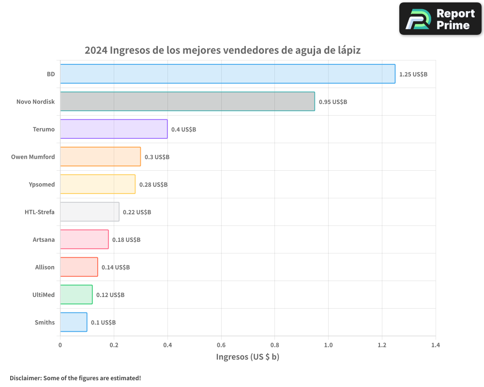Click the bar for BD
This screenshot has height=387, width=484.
coord(227,74)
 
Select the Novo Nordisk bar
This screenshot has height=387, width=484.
coord(187,102)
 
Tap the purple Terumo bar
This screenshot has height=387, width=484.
coord(114,129)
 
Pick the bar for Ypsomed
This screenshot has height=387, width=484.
coord(98,184)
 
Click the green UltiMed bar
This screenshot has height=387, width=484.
coord(76,295)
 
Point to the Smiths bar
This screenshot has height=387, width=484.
coord(74,322)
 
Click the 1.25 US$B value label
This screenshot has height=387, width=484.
coord(413,74)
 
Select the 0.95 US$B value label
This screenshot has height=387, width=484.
coord(333,102)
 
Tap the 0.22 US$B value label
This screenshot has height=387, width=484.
coord(137,212)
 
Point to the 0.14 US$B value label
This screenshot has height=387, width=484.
coord(116,268)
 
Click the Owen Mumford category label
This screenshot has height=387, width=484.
coord(33,157)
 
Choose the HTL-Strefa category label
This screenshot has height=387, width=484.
coord(40,212)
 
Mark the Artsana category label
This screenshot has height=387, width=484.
coord(44,239)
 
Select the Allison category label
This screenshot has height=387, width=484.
coord(45,267)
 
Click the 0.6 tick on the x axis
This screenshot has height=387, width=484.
coord(221,345)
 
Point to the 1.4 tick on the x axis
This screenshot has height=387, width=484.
coord(436,345)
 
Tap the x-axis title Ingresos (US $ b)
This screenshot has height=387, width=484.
coord(248,357)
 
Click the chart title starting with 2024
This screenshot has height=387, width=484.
coord(223,50)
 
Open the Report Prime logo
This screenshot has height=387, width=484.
coord(440,19)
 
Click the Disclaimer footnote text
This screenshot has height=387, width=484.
coord(76,378)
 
